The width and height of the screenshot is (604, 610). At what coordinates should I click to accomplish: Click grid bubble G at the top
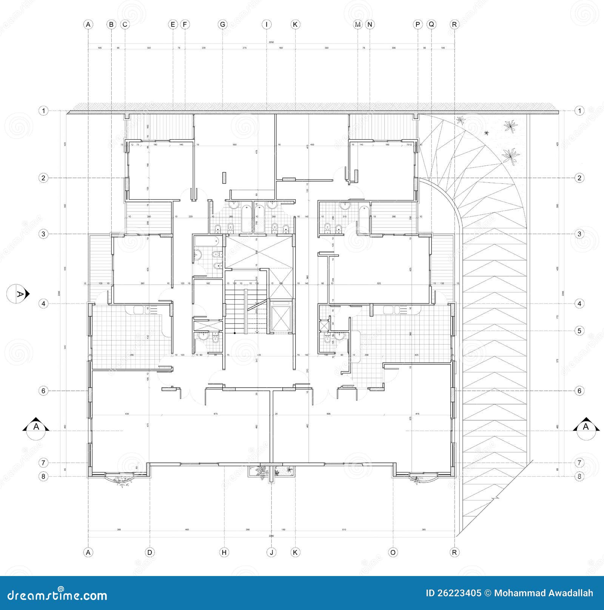[223, 25]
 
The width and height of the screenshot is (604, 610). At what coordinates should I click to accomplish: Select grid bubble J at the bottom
[271, 552]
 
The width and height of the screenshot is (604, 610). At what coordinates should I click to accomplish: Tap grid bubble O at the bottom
[393, 552]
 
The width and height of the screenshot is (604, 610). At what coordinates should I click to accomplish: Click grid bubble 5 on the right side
[579, 331]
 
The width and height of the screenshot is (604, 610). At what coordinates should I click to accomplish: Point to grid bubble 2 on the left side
[43, 178]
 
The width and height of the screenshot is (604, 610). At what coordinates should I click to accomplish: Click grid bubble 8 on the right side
[579, 476]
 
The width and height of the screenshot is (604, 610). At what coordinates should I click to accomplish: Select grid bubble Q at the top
[431, 25]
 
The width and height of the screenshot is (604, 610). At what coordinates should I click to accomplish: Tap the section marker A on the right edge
[586, 427]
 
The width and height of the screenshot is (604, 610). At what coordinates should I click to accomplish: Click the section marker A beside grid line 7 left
[36, 427]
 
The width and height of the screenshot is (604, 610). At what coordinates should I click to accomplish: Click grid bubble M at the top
[357, 25]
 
